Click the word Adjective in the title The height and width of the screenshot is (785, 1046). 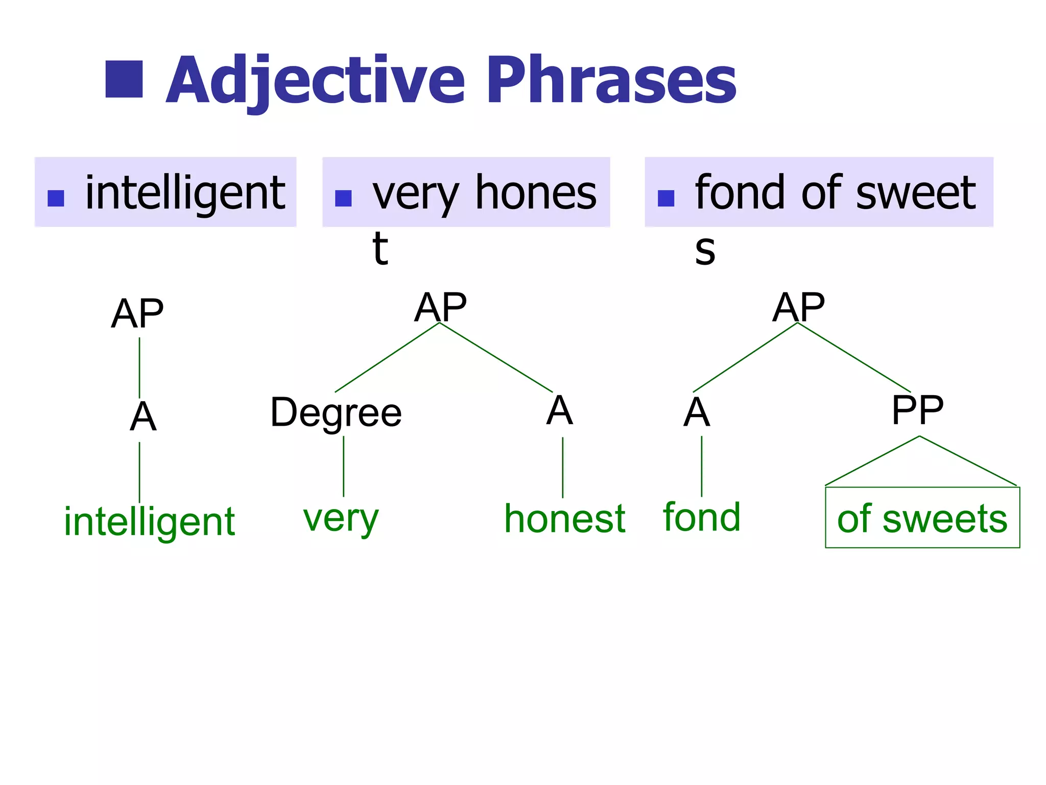click(316, 81)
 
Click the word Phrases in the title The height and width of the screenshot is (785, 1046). click(611, 81)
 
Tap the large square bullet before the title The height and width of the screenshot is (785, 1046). click(124, 79)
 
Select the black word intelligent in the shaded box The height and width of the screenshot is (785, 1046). click(185, 193)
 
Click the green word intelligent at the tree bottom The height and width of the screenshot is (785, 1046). click(149, 521)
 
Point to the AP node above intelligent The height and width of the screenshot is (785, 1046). click(137, 314)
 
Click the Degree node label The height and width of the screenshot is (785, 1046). click(336, 413)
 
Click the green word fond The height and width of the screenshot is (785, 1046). click(702, 517)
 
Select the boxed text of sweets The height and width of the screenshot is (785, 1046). click(922, 519)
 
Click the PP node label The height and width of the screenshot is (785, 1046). click(917, 410)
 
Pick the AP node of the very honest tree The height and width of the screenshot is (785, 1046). click(440, 307)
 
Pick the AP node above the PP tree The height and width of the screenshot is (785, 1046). click(798, 307)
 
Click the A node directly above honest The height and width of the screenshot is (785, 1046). click(560, 410)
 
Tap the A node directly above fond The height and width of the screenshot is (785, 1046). click(697, 412)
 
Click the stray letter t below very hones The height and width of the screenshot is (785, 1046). click(380, 249)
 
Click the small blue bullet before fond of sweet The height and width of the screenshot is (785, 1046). click(666, 198)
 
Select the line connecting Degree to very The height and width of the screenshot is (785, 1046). click(344, 466)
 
